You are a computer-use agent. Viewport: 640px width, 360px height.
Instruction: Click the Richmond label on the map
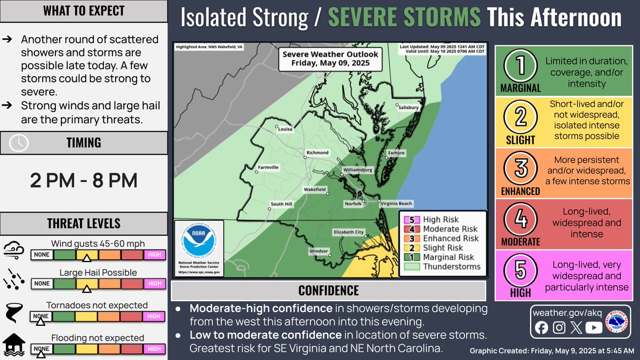coord(317,153)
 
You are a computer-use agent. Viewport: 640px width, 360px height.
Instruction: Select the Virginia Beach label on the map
coord(396,204)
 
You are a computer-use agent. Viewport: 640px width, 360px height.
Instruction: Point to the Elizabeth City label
coord(348,232)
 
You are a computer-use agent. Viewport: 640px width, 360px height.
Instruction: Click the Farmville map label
coord(268,167)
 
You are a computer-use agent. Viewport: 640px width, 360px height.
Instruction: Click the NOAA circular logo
coord(199,237)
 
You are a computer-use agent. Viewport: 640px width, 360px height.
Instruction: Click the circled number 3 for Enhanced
coord(521,167)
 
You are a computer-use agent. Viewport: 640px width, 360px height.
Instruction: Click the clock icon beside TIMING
coord(20,142)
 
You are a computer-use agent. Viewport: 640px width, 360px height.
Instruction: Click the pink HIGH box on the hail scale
coord(154,283)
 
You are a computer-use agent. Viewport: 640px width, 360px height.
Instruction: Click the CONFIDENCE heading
coord(328,291)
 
